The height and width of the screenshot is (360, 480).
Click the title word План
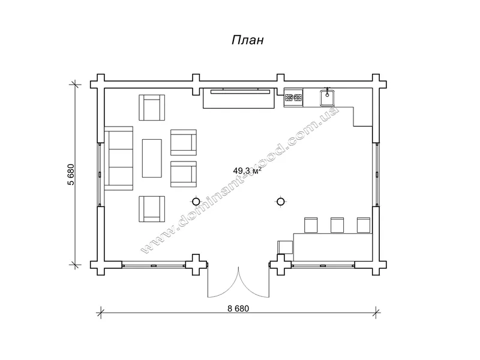(247, 40)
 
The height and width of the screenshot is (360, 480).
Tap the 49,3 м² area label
(247, 171)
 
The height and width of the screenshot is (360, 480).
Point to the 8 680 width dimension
(238, 308)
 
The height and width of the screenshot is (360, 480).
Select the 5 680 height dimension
(71, 175)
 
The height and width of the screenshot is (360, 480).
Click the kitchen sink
(327, 98)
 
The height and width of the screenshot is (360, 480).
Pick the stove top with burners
(293, 98)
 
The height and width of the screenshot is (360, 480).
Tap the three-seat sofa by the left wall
(119, 158)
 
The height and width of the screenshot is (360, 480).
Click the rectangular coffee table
(152, 158)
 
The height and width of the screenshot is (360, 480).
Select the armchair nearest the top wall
(152, 107)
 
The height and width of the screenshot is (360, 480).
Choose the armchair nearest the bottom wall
(152, 209)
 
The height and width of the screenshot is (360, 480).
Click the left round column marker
(196, 202)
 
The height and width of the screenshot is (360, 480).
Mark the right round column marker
(280, 202)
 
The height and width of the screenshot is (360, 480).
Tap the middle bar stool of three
(337, 226)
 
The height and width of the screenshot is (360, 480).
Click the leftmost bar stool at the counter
(311, 226)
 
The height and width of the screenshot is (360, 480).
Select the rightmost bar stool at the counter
(364, 226)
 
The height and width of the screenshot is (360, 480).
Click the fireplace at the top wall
(239, 98)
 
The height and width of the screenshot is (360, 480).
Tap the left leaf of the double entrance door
(223, 283)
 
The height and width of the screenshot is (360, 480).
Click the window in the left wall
(100, 175)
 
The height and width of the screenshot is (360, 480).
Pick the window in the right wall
(377, 175)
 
